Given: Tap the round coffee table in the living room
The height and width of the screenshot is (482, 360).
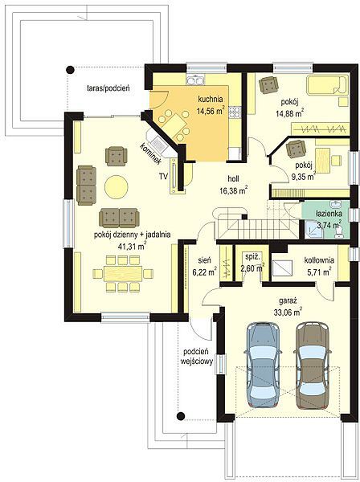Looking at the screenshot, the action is point(117,186).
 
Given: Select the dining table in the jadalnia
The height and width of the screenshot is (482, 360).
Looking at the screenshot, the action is point(123,273).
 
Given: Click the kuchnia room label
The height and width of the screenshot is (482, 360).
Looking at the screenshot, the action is point(211,99).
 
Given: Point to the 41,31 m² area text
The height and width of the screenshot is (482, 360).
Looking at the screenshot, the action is point(132,246).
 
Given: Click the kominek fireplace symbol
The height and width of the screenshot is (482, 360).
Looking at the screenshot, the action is point(157,143).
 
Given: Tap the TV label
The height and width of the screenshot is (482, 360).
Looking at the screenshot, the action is point(163,176).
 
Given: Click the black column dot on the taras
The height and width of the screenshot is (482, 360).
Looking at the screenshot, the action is point(70,70).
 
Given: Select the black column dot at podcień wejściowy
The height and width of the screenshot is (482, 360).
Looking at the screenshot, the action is point(181,416).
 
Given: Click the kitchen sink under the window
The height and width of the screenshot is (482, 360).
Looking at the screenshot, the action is point(195,80).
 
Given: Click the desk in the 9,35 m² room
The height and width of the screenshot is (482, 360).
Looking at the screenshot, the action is point(323,161).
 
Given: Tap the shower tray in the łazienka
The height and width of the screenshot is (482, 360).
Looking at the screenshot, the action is point(313,230).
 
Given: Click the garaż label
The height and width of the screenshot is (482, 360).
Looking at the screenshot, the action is point(288,300).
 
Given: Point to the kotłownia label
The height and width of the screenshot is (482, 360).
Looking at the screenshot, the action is point(319,260).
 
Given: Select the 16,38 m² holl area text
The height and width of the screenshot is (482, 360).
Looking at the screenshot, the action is point(234,191).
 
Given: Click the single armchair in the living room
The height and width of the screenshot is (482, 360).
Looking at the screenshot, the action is point(116,156).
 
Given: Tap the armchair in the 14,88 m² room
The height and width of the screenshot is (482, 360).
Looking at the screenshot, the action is point(268,84).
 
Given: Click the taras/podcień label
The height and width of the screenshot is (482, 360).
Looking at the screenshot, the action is point(108,88).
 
